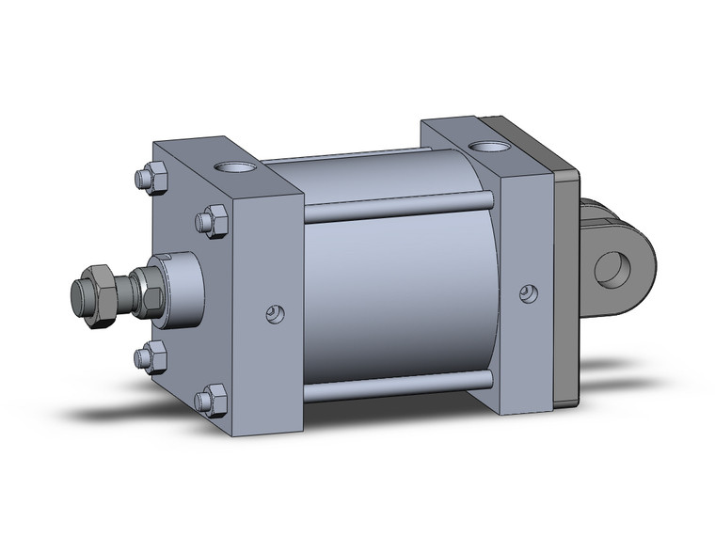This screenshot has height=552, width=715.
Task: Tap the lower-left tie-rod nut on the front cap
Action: click(x=151, y=357)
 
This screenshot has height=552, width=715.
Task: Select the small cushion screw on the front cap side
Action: click(x=274, y=312)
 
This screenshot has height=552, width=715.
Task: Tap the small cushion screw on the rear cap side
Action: click(x=530, y=294)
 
